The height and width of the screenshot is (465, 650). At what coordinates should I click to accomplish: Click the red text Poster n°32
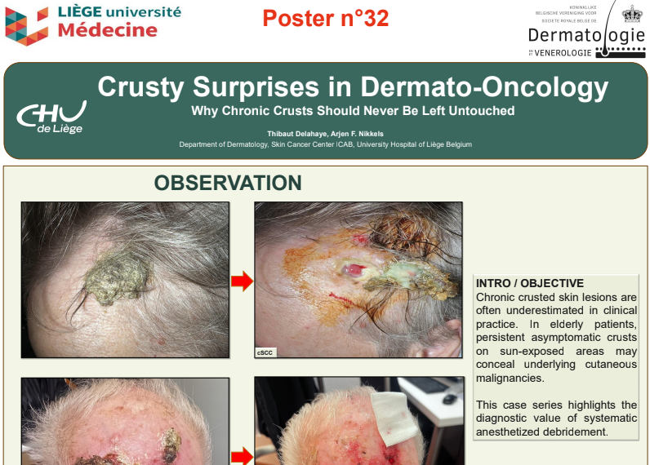(326, 19)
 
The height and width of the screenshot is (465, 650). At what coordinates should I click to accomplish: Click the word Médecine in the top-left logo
(107, 30)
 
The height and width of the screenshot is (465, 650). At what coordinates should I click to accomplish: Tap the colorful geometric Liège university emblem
(26, 26)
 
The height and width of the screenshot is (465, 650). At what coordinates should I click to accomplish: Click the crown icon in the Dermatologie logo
(632, 14)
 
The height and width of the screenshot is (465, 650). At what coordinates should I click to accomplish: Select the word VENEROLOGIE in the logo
(563, 53)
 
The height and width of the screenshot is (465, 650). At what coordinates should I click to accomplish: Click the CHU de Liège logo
(51, 117)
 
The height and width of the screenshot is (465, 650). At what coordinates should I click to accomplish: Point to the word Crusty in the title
(140, 87)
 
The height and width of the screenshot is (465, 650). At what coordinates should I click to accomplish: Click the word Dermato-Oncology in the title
(483, 87)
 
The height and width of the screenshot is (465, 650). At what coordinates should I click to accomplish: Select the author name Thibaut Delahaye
(297, 134)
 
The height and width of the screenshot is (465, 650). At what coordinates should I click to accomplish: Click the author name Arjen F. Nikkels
(357, 134)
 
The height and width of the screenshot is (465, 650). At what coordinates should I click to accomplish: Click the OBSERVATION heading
(228, 183)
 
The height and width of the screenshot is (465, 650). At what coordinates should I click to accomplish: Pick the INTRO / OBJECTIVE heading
(530, 283)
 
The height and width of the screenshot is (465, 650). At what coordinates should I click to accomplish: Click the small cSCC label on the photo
(265, 352)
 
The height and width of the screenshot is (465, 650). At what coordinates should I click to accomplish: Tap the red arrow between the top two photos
(242, 281)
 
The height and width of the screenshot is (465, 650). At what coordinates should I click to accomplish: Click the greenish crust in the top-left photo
(116, 277)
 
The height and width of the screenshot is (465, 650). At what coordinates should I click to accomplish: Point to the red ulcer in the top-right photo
(354, 270)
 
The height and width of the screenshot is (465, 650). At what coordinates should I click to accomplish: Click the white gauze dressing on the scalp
(394, 417)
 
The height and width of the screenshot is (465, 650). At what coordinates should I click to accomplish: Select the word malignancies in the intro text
(510, 378)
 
